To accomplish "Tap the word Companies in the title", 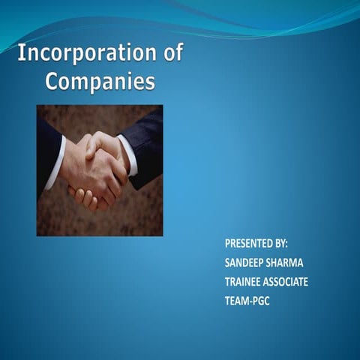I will [100, 81].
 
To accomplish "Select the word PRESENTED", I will [250, 244].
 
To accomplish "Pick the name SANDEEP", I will [246, 263].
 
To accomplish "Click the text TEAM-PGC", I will [247, 301].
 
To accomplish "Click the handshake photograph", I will [100, 170].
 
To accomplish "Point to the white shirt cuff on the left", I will [55, 164].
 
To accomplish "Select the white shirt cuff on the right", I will [128, 154].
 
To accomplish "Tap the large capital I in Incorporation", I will [22, 54].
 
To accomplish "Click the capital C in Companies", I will [52, 81].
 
